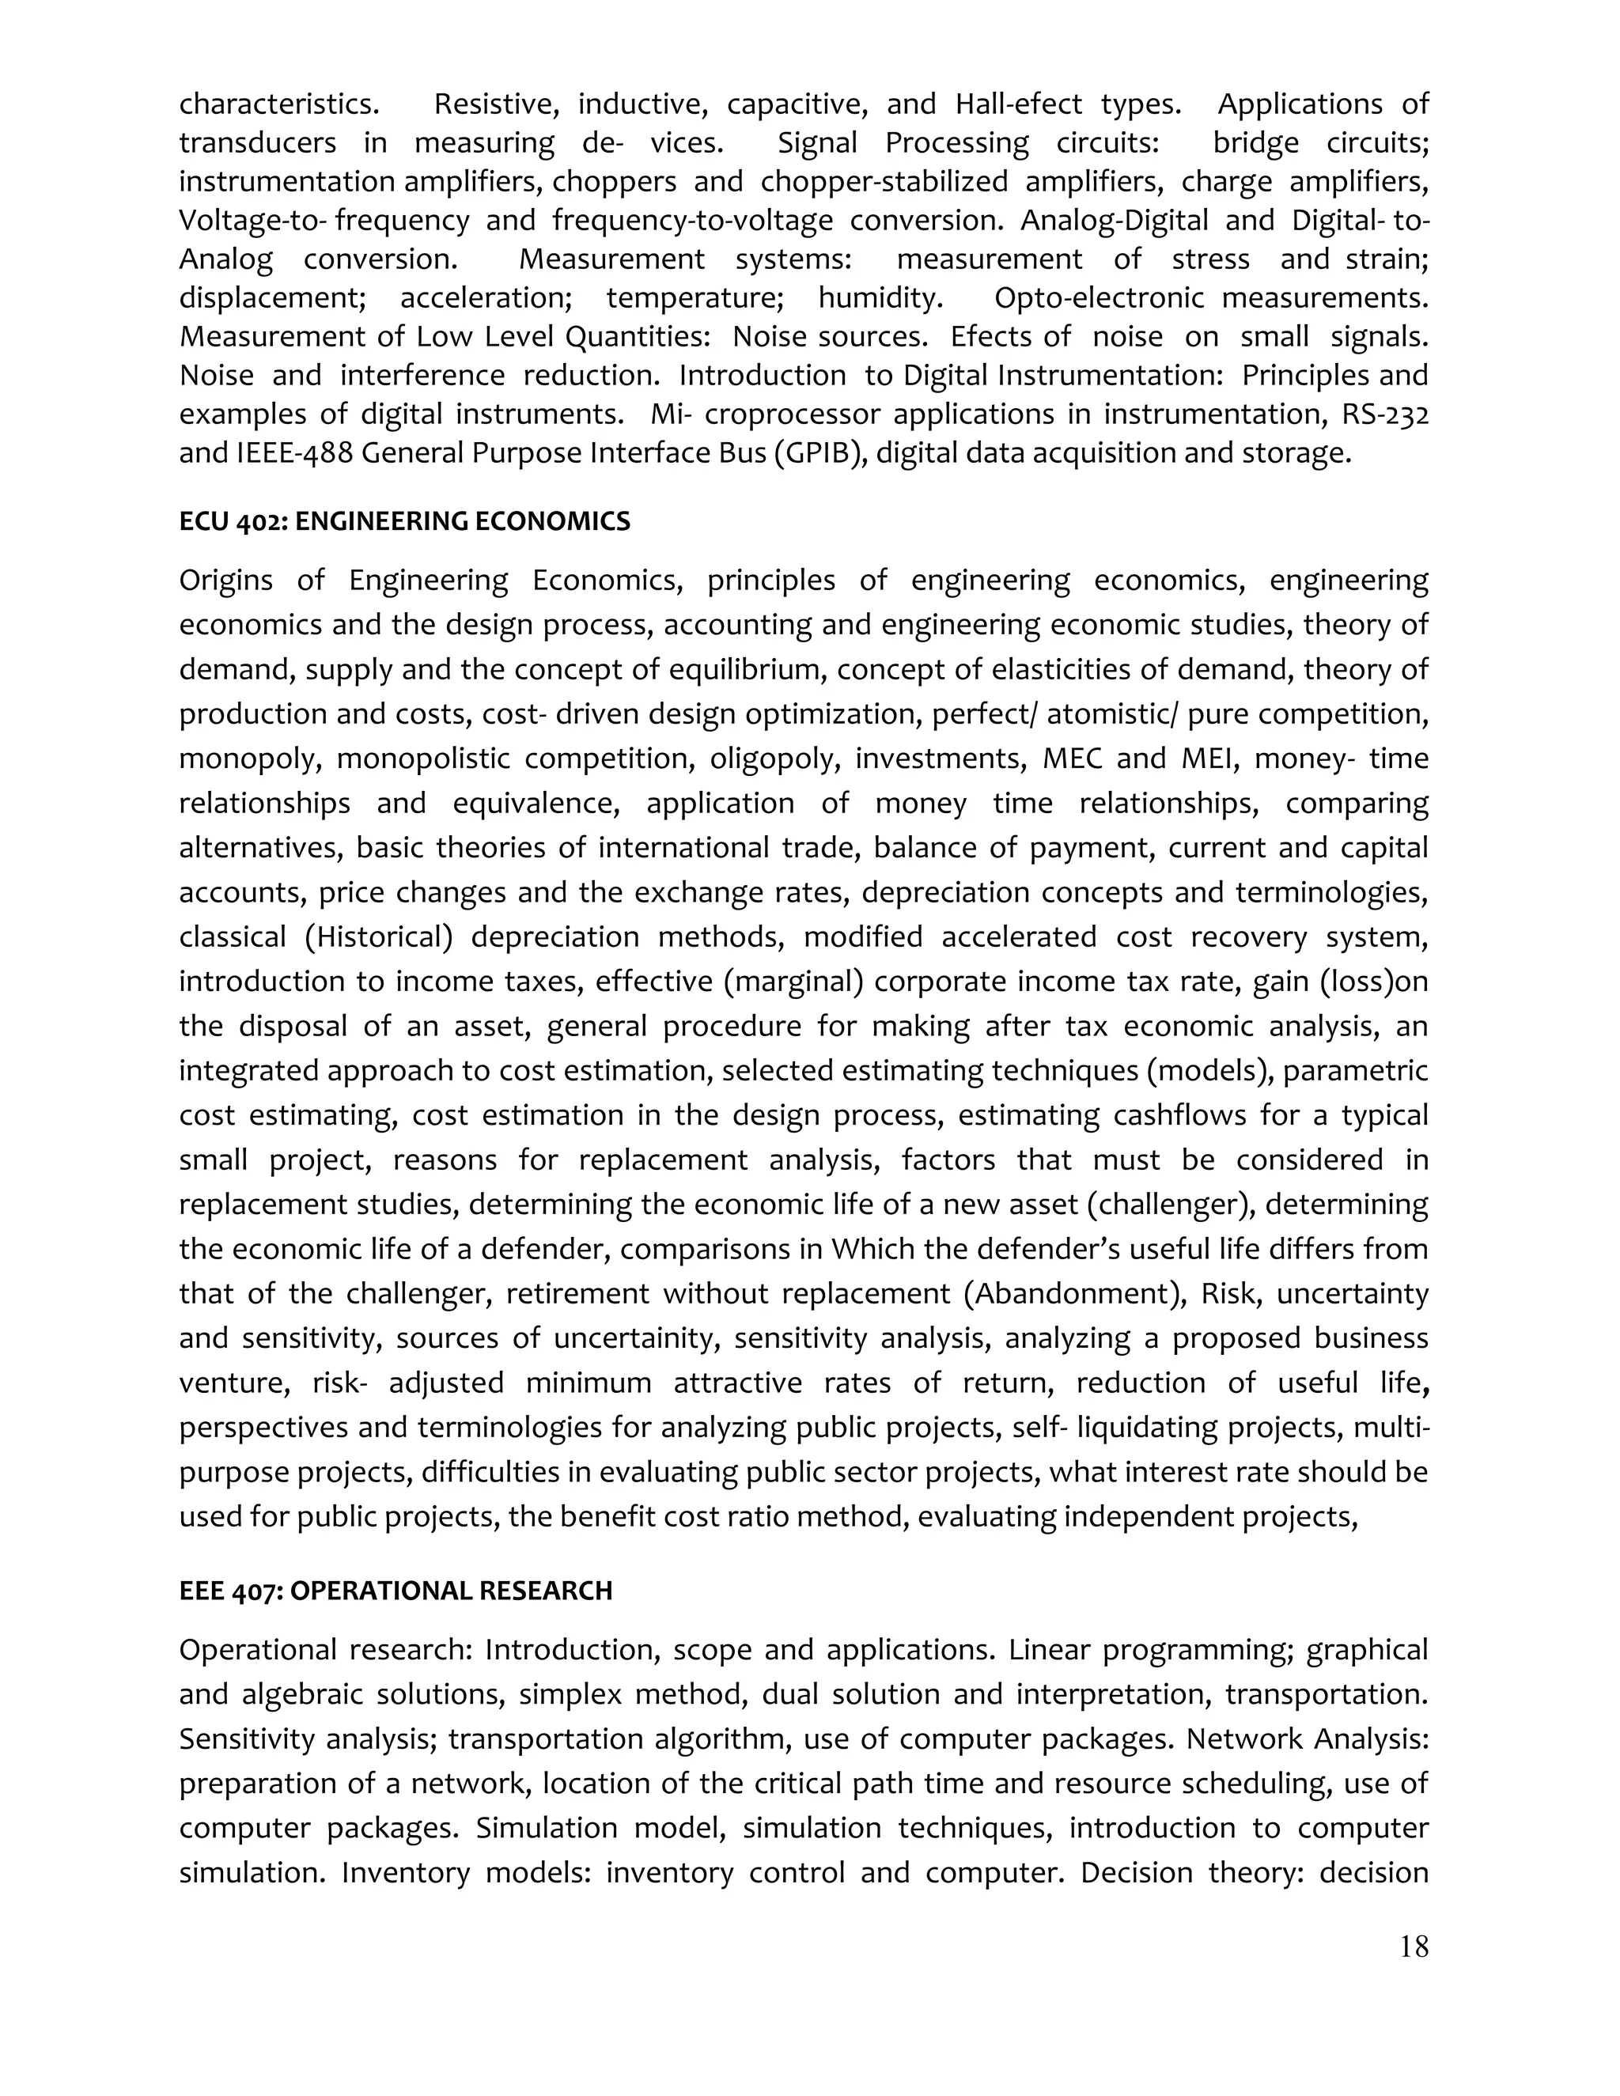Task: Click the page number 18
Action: [1414, 1947]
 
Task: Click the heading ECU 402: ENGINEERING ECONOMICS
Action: [404, 521]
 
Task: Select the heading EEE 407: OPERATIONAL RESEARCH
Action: [396, 1591]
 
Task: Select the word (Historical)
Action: [378, 936]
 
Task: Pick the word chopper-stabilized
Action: [884, 181]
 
